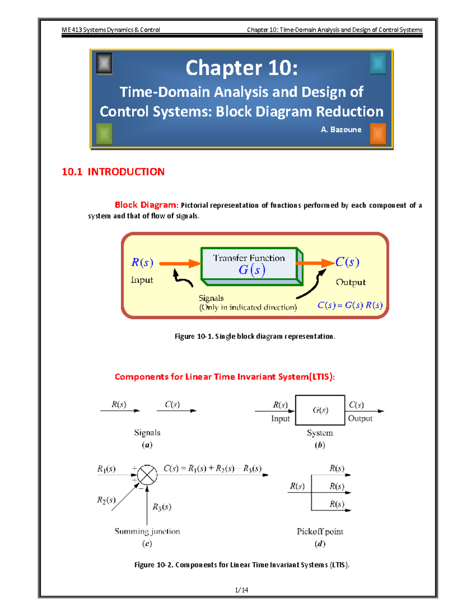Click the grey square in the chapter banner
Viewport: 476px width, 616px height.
point(104,63)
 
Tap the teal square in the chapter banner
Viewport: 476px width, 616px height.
point(378,63)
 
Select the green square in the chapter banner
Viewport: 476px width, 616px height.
point(104,134)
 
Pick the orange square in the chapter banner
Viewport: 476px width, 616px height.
point(378,134)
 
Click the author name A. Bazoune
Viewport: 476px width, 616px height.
point(341,130)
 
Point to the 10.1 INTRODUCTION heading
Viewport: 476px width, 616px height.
point(113,172)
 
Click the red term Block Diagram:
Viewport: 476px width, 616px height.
point(146,205)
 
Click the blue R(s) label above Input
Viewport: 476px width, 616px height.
point(142,263)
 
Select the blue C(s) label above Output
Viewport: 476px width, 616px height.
point(347,262)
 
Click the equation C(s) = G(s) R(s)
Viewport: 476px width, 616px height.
point(350,305)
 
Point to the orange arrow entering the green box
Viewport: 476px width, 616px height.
point(180,263)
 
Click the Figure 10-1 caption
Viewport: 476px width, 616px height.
point(255,336)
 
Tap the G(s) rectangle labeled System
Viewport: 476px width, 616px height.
point(320,410)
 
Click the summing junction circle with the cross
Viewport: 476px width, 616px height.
point(147,475)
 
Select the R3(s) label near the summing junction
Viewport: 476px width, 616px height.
point(162,507)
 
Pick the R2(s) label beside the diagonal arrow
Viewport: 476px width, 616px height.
point(106,500)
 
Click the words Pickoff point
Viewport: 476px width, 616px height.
point(320,532)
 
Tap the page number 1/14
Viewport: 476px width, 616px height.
point(242,590)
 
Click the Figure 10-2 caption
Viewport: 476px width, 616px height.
point(242,565)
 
